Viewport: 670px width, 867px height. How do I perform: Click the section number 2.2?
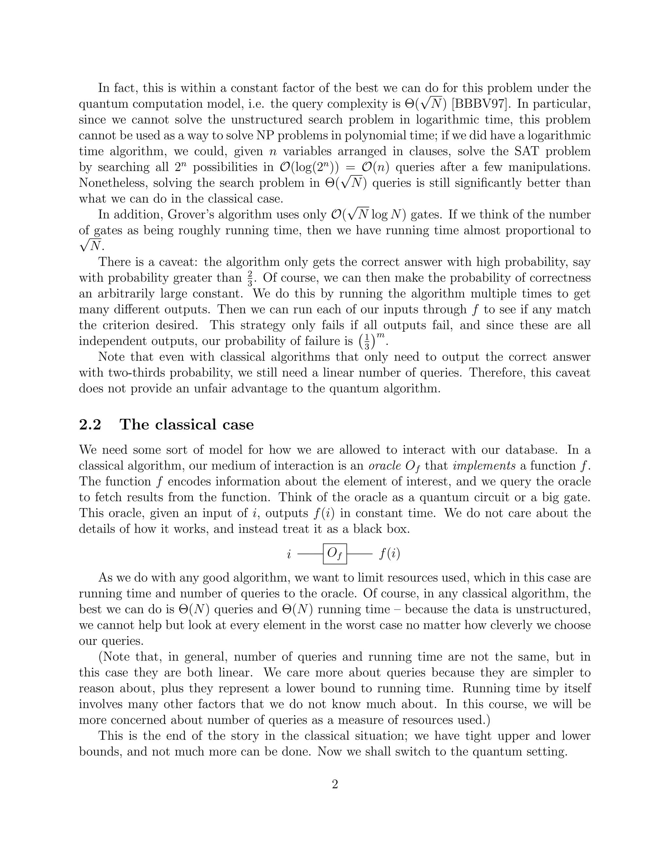(90, 425)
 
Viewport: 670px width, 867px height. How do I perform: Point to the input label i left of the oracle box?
(289, 554)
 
